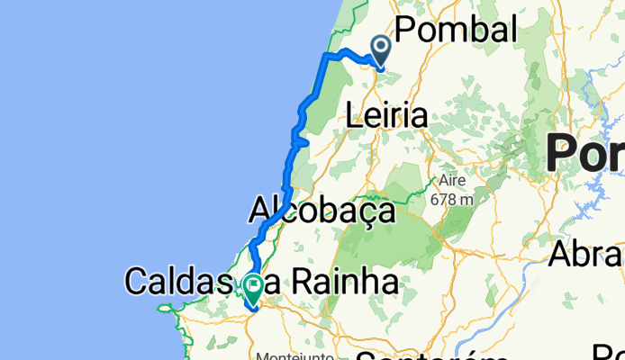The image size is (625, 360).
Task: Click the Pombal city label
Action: (450, 30)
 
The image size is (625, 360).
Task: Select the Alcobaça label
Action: (322, 211)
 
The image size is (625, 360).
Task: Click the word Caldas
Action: (179, 282)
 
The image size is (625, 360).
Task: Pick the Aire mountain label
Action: (448, 180)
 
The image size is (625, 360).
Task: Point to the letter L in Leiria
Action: (354, 116)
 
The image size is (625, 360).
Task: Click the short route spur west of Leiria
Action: (303, 141)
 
